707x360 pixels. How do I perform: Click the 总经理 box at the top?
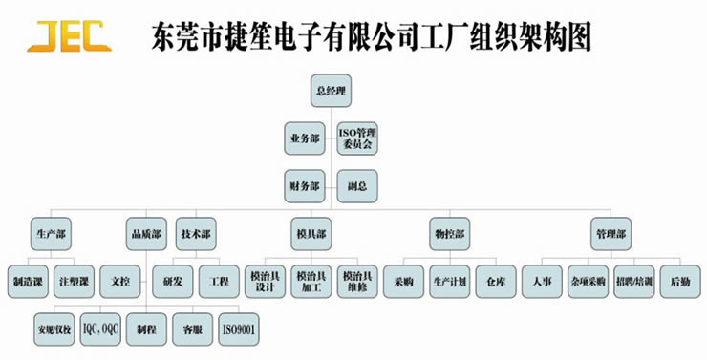coord(331,92)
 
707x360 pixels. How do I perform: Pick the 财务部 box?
coord(305,184)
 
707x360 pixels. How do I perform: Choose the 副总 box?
coord(357,184)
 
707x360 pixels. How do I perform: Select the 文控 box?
coord(121,282)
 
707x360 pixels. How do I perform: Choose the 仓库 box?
coord(496,282)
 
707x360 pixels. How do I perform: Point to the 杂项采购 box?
coord(588,282)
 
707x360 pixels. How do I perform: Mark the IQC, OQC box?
coord(98,328)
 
